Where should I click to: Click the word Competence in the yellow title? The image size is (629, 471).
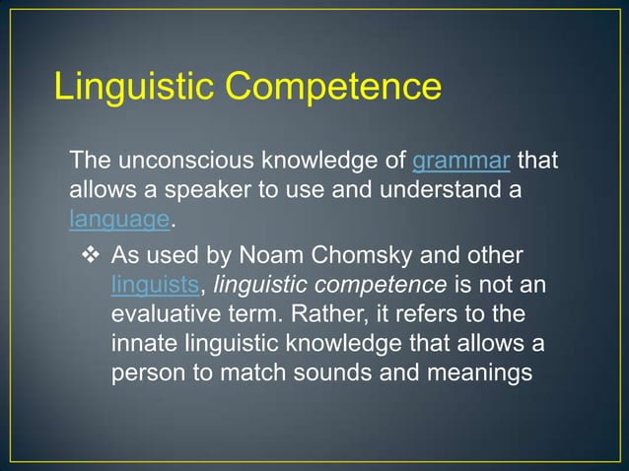coord(337,86)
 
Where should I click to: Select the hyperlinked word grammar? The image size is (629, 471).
coord(460,160)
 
